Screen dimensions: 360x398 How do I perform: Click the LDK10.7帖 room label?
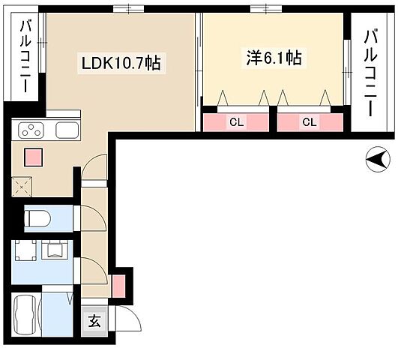coord(121,63)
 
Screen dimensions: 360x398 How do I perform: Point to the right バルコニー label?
coord(370,72)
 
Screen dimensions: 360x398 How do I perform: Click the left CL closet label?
coord(235,121)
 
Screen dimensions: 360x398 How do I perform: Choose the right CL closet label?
coord(308,121)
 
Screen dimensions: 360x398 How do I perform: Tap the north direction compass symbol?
coord(376,158)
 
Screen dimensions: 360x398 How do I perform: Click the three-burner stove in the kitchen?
coord(32,130)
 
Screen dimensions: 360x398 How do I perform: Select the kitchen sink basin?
coord(65,130)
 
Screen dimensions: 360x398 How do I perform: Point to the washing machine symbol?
coord(56,249)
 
